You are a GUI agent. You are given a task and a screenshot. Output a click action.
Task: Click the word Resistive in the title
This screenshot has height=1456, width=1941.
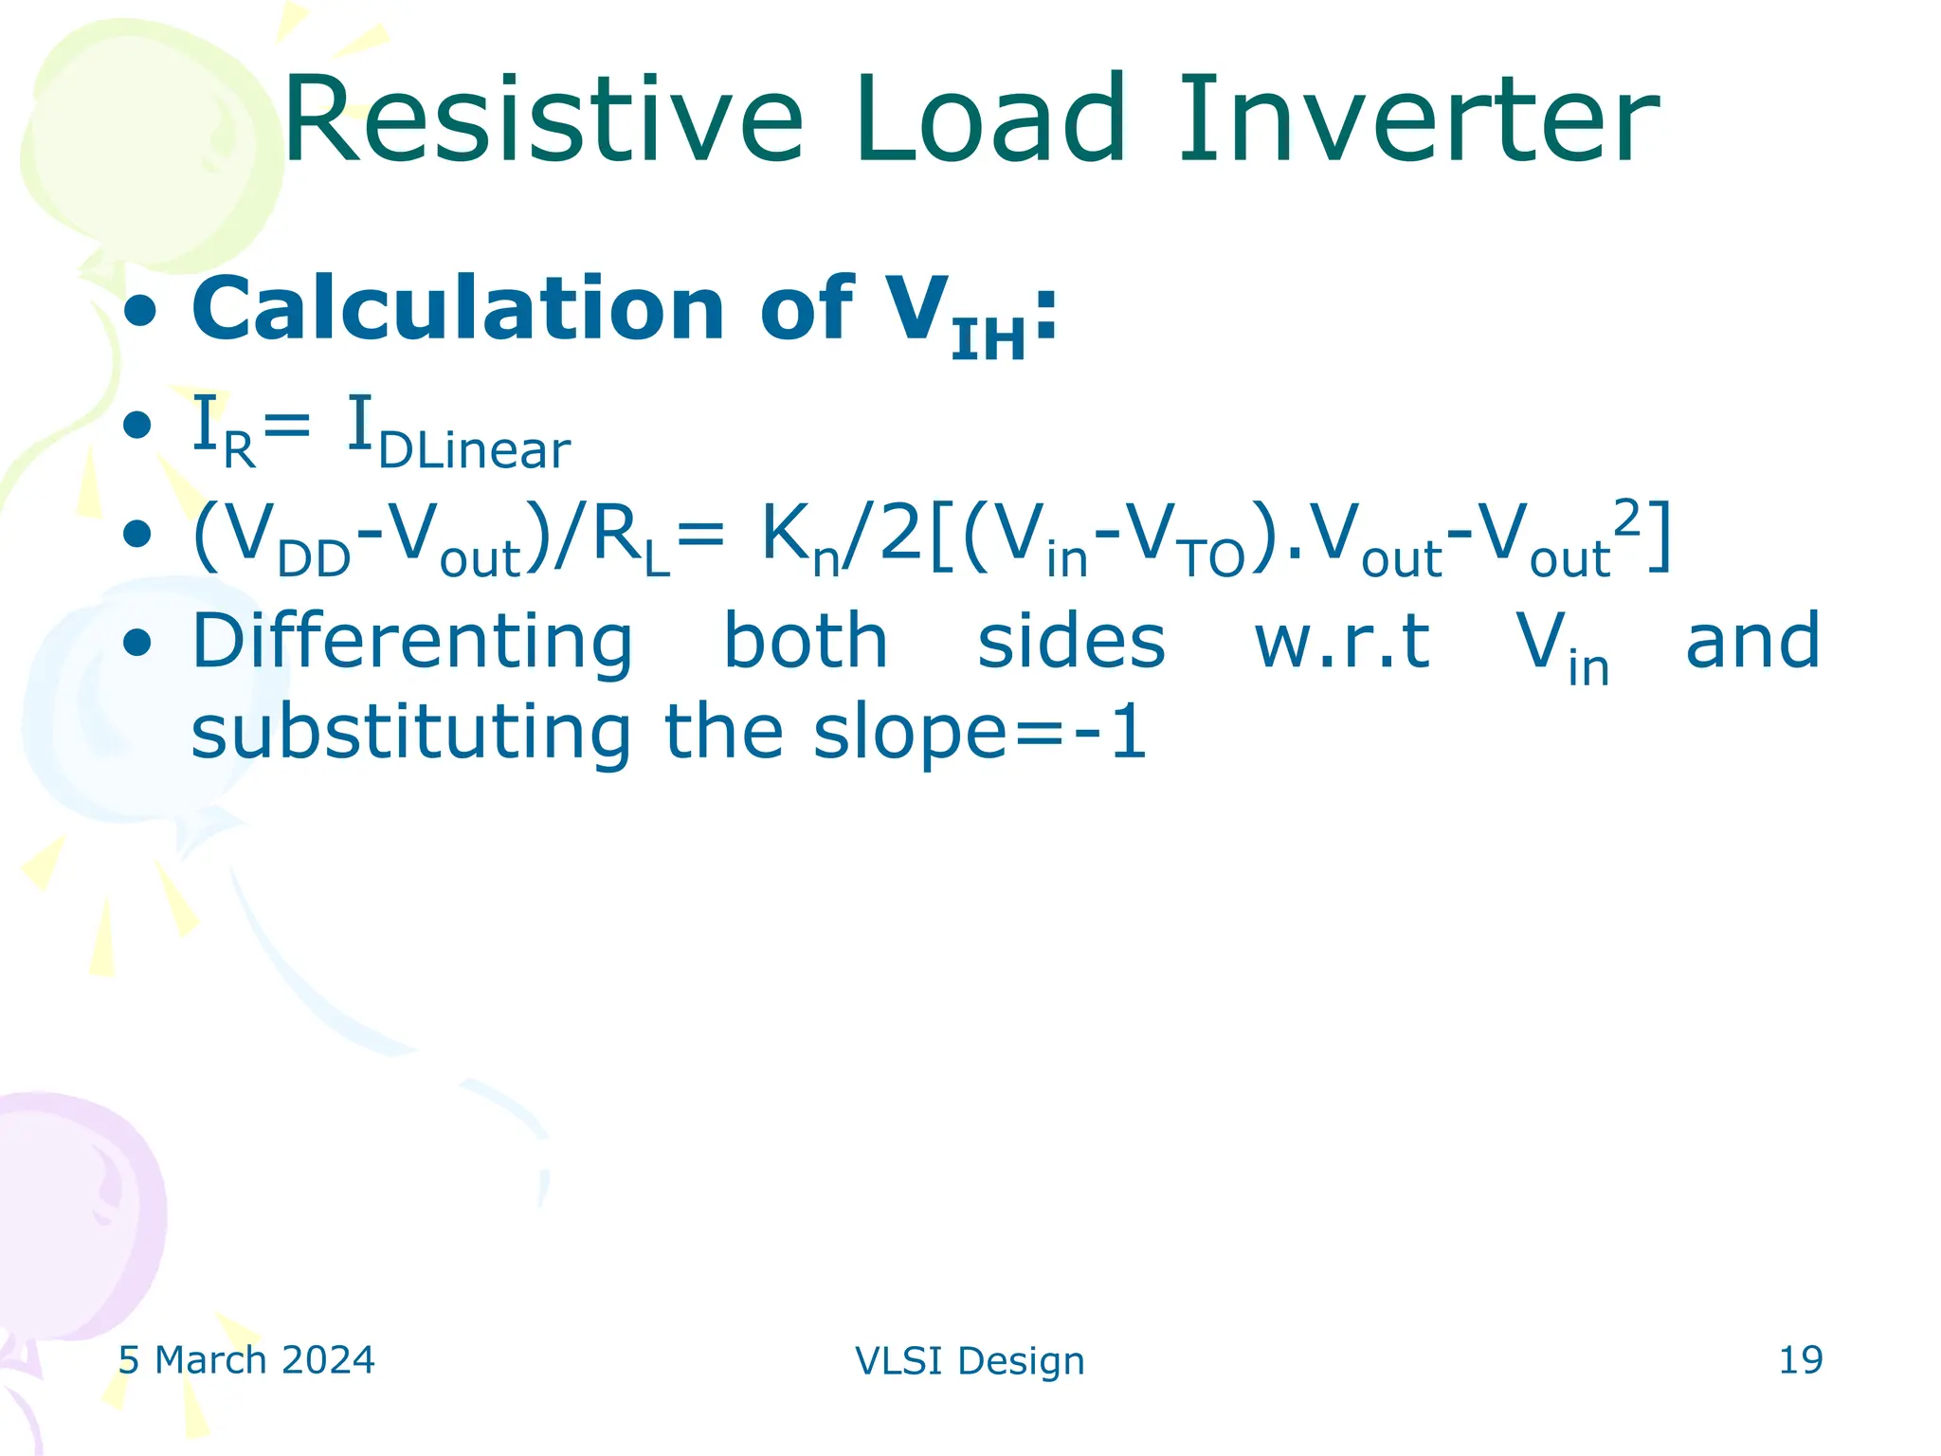pyautogui.click(x=543, y=121)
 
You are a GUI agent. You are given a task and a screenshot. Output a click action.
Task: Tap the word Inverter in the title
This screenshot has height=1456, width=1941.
pyautogui.click(x=1418, y=121)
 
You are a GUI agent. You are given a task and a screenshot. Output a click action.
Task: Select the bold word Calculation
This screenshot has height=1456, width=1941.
pyautogui.click(x=459, y=309)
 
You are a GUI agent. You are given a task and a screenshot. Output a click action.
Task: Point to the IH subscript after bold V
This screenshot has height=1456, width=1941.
pyautogui.click(x=989, y=340)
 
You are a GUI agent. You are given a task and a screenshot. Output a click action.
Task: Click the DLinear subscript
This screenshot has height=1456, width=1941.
pyautogui.click(x=474, y=451)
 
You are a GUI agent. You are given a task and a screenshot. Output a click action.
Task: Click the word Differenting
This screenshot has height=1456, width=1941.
pyautogui.click(x=412, y=643)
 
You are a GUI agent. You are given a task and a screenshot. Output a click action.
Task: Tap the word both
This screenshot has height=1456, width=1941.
pyautogui.click(x=806, y=641)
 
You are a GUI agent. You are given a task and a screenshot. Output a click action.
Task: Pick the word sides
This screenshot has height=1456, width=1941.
pyautogui.click(x=1071, y=643)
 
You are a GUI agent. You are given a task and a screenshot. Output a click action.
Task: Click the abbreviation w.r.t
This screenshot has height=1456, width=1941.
pyautogui.click(x=1342, y=643)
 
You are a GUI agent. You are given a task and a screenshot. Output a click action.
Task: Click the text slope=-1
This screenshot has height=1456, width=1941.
pyautogui.click(x=980, y=733)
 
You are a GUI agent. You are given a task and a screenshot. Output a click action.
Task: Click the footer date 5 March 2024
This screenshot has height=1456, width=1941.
pyautogui.click(x=246, y=1360)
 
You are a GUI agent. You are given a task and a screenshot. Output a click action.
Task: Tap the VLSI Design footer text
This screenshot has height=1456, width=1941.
pyautogui.click(x=970, y=1361)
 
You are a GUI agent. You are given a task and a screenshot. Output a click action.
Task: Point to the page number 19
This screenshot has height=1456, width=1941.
pyautogui.click(x=1800, y=1360)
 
